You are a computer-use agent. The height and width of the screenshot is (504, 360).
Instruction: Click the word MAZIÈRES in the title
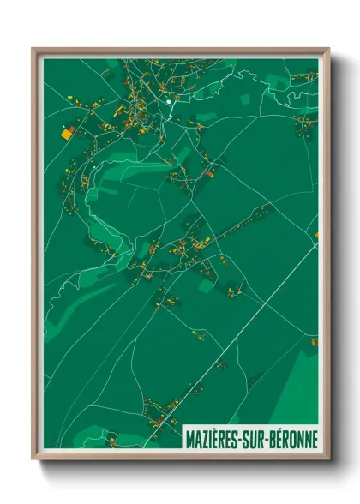(215, 440)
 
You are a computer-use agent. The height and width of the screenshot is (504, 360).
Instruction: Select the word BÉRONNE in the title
(294, 440)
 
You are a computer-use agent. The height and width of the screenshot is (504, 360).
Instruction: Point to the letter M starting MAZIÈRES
(190, 440)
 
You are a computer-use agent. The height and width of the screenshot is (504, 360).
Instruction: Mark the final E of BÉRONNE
(314, 440)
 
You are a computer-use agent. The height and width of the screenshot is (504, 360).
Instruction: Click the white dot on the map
(170, 102)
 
